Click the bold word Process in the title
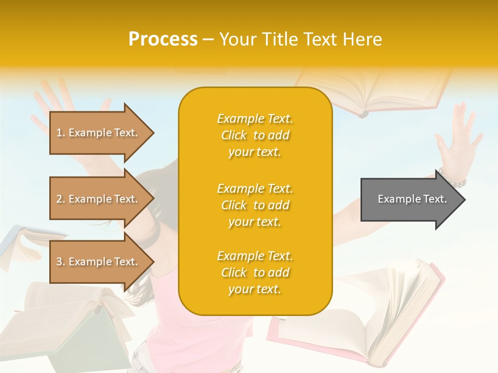(163, 39)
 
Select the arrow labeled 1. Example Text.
(99, 133)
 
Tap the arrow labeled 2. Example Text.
(99, 199)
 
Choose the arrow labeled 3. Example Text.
(99, 262)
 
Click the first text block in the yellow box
(255, 135)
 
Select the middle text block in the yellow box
(255, 205)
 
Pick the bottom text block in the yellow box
(255, 272)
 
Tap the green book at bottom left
(78, 337)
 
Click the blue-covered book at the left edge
(16, 243)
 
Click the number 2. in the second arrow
(60, 199)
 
